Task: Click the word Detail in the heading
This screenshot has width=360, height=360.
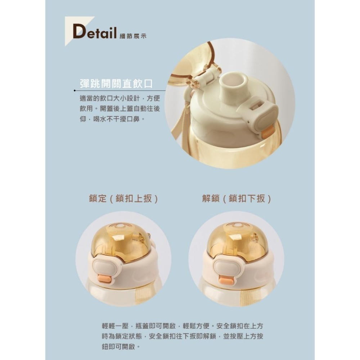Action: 94,32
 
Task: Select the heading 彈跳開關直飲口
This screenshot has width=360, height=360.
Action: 116,84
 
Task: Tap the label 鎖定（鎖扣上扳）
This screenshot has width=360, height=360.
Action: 123,198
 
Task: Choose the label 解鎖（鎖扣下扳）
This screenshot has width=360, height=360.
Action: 237,198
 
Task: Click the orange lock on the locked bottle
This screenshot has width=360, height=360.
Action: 104,278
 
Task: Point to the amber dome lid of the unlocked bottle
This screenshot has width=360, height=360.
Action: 238,239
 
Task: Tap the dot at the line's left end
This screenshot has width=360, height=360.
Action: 75,91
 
